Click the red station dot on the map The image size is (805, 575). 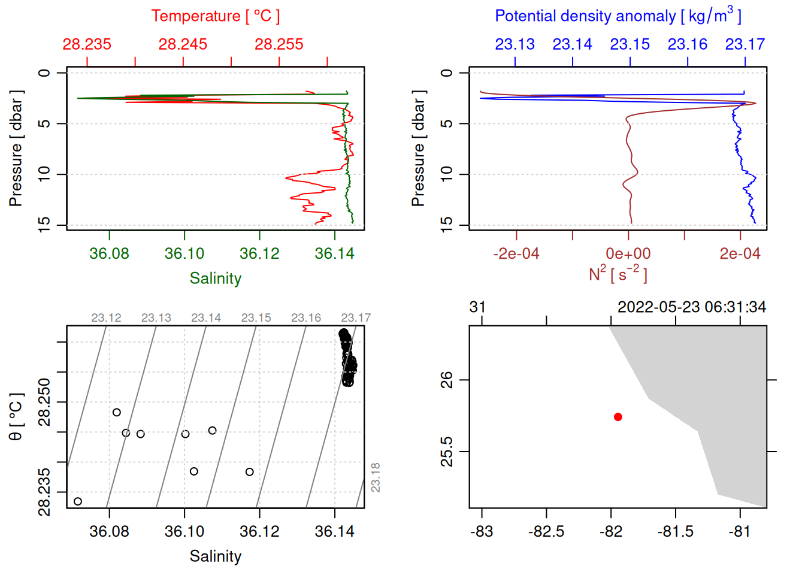[x=618, y=417]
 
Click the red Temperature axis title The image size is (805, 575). [x=215, y=16]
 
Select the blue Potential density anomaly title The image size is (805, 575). [x=618, y=16]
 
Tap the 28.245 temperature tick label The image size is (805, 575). [x=183, y=44]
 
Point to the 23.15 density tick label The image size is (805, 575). [x=630, y=44]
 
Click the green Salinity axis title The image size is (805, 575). [x=215, y=279]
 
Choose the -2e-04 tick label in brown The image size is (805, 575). [x=516, y=254]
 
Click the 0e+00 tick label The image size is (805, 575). [x=628, y=254]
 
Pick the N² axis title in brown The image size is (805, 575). [x=618, y=274]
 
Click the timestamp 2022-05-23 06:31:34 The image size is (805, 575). [x=691, y=307]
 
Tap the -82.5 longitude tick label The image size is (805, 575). [x=546, y=532]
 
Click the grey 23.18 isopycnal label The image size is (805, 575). [x=376, y=477]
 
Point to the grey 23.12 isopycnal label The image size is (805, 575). [x=106, y=318]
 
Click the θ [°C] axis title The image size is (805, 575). [x=16, y=417]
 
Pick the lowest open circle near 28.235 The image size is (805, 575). [x=78, y=501]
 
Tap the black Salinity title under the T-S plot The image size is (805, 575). [x=215, y=556]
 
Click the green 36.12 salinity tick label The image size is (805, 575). [x=259, y=254]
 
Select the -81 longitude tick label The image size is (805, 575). [x=740, y=532]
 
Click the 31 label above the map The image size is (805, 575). [x=477, y=307]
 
